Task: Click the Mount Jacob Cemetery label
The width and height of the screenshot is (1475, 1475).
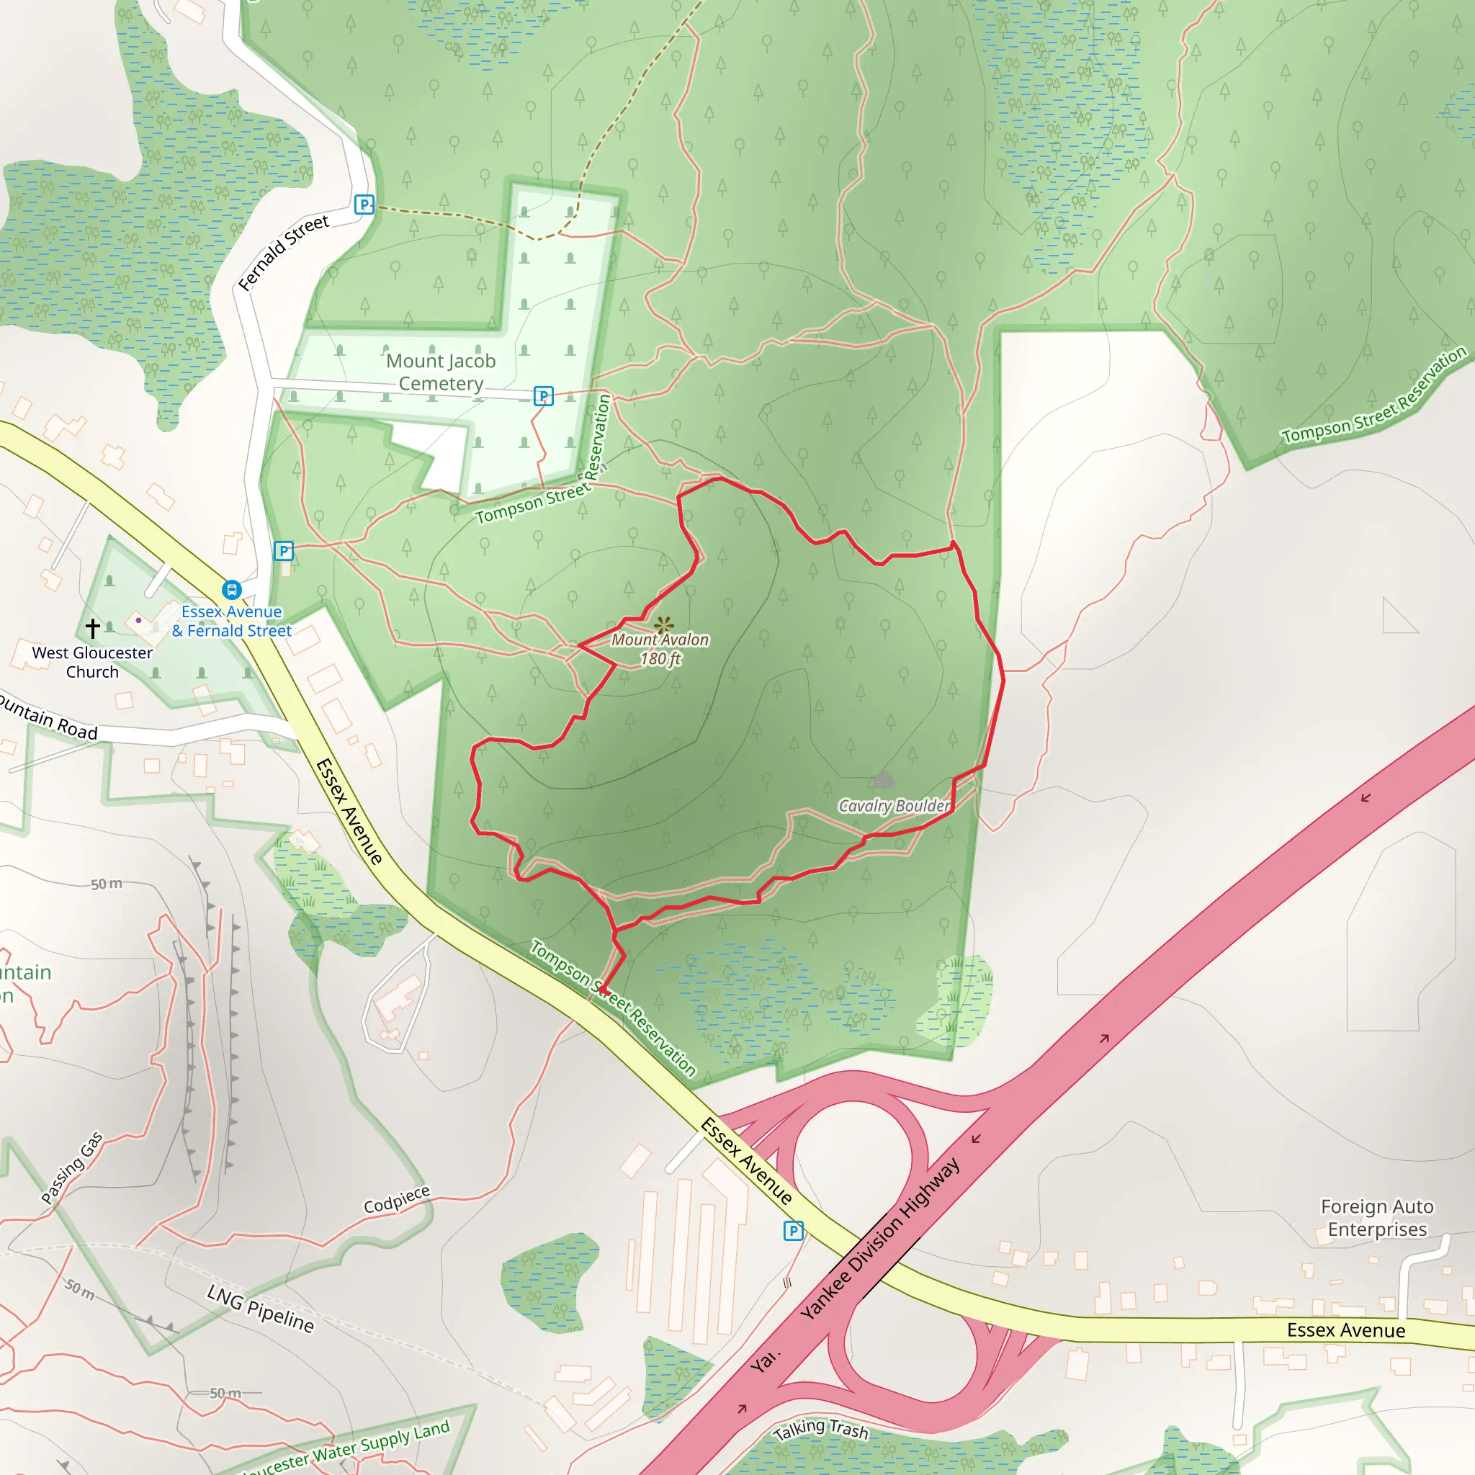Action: tap(441, 372)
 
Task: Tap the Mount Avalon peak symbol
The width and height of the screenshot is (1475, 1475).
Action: tap(663, 625)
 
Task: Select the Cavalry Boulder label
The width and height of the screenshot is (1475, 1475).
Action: tap(895, 806)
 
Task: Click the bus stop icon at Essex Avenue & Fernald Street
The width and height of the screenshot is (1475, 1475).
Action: tap(232, 589)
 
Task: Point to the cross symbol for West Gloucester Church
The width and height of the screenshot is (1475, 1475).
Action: tap(92, 627)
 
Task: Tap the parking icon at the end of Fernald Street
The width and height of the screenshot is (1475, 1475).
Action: tap(364, 205)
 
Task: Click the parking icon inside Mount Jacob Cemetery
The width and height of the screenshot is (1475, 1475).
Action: tap(543, 395)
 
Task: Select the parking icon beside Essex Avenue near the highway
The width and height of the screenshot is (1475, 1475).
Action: tap(793, 1231)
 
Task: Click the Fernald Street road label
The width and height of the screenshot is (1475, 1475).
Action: tap(283, 253)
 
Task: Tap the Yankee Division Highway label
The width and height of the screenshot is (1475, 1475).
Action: tap(880, 1238)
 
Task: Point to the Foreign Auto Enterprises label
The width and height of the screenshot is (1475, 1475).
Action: tap(1376, 1218)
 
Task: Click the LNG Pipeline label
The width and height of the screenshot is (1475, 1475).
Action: tap(260, 1308)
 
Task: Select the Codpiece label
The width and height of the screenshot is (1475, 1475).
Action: tap(396, 1199)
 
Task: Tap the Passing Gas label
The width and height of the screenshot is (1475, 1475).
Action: tap(71, 1168)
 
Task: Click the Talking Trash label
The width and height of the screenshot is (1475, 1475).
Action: tap(821, 1428)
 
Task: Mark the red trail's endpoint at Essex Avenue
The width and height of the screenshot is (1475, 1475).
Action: tap(601, 990)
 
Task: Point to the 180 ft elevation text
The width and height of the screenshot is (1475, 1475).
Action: tap(660, 659)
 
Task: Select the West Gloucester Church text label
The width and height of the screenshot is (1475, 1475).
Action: tap(92, 662)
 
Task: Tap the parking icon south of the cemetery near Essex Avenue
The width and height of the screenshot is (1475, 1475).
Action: tap(284, 550)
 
